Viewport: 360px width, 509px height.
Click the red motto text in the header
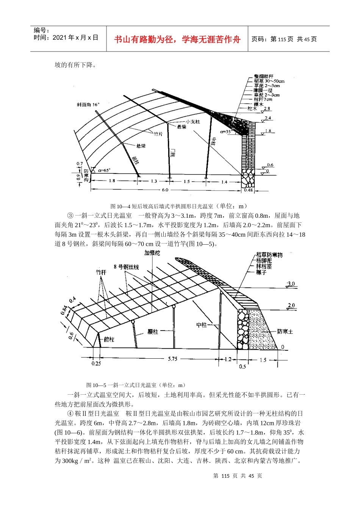[x=177, y=39]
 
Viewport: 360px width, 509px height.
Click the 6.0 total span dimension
[x=165, y=190]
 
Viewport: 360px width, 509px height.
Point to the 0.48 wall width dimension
[x=248, y=190]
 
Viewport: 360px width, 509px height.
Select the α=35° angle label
[x=225, y=132]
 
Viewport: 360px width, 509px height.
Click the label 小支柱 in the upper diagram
[x=193, y=122]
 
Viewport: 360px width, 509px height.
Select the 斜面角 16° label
[x=88, y=105]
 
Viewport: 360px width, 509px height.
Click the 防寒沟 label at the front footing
[x=86, y=175]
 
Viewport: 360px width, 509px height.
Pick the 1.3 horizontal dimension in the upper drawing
[x=154, y=181]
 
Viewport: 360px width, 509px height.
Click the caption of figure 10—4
[x=178, y=206]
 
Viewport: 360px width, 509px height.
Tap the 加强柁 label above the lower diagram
[x=152, y=253]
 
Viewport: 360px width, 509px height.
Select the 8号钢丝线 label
[x=126, y=267]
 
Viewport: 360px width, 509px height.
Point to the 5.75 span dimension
[x=172, y=359]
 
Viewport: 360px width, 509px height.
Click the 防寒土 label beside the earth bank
[x=285, y=331]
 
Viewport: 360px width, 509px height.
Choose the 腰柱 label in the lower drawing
[x=153, y=332]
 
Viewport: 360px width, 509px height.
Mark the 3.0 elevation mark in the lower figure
[x=291, y=284]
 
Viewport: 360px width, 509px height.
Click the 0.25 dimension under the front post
[x=96, y=364]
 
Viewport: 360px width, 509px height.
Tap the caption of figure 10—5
[x=136, y=385]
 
